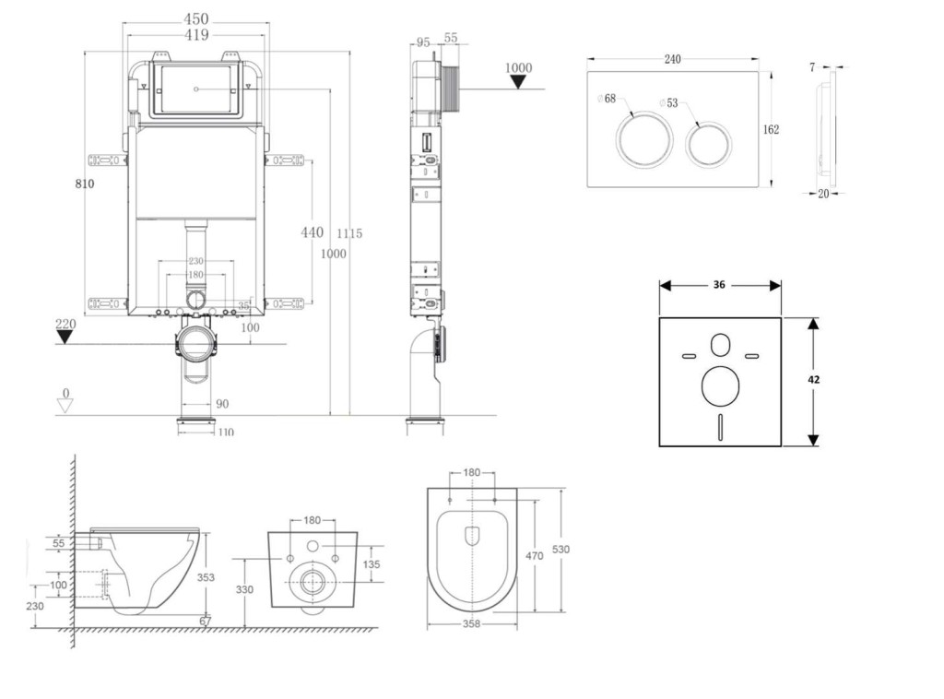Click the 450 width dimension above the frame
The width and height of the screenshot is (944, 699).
(x=195, y=18)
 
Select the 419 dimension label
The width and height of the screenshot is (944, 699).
(x=195, y=35)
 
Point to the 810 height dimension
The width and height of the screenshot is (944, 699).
(x=85, y=184)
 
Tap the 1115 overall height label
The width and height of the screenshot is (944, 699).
(x=349, y=233)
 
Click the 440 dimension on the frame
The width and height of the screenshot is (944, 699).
(x=313, y=232)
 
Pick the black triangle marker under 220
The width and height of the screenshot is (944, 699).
(x=65, y=337)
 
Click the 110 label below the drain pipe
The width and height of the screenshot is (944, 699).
(x=225, y=432)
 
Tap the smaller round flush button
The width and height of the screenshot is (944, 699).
(x=709, y=142)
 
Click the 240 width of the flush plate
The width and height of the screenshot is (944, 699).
(x=672, y=59)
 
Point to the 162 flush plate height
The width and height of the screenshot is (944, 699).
(x=771, y=129)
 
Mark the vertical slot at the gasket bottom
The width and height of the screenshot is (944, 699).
(x=719, y=427)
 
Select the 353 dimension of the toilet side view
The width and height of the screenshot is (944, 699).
(x=206, y=577)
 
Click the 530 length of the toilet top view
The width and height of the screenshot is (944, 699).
(x=560, y=549)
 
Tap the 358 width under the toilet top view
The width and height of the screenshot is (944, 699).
(x=471, y=624)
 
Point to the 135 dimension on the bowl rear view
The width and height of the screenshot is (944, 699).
(x=372, y=563)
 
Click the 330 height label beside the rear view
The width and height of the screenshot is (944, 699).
(x=244, y=588)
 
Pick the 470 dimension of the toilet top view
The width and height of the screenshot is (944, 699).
(x=535, y=556)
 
